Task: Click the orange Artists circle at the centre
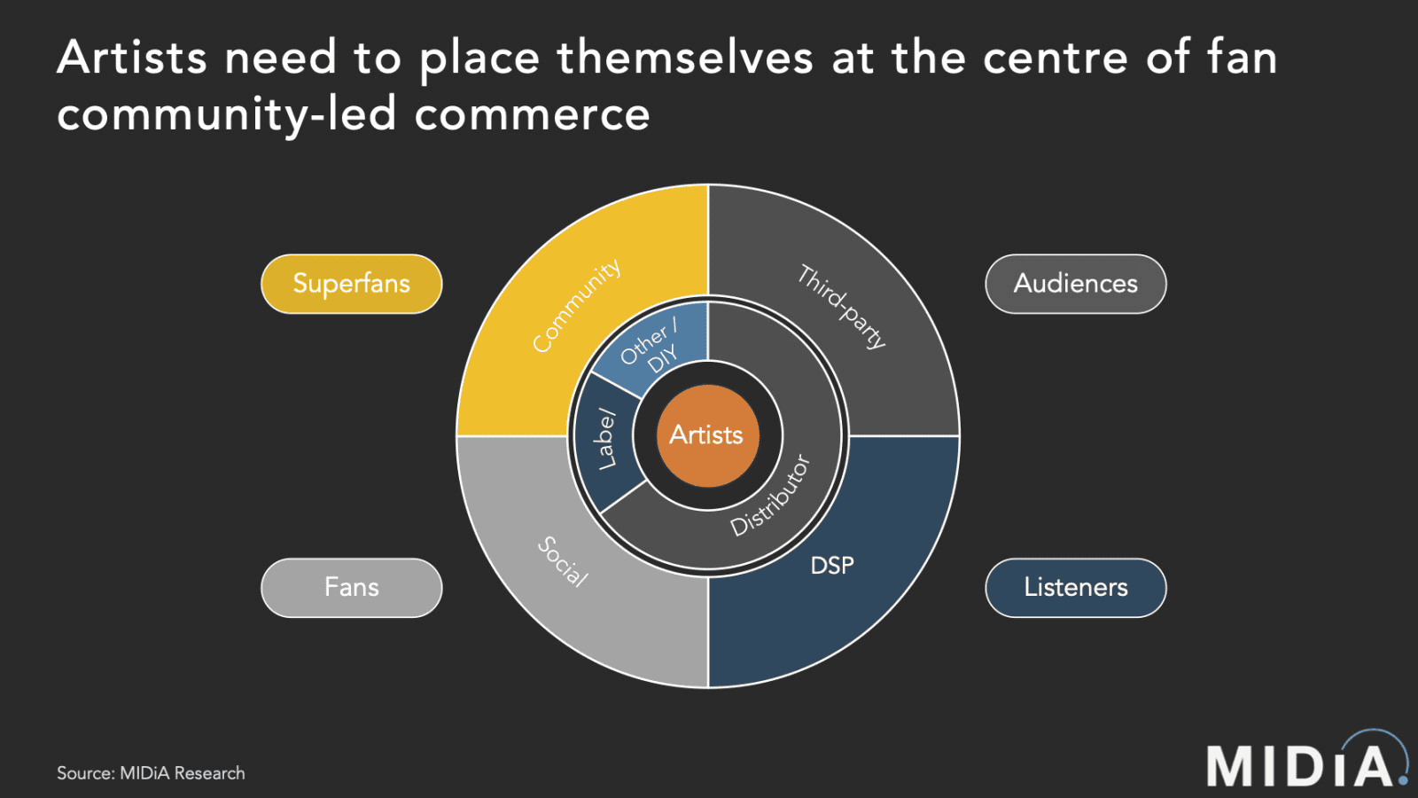(707, 435)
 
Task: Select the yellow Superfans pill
(352, 284)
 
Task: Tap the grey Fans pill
(352, 587)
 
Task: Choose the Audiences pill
(1075, 284)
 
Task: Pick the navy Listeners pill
(1075, 587)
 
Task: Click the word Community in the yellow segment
(576, 306)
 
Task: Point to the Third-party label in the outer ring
(841, 306)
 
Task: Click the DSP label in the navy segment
(832, 566)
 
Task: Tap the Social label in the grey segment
(564, 561)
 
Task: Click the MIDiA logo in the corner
(1305, 763)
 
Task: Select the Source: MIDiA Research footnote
(151, 773)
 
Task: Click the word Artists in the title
(132, 59)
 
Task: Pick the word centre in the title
(1055, 59)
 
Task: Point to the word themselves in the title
(684, 59)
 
